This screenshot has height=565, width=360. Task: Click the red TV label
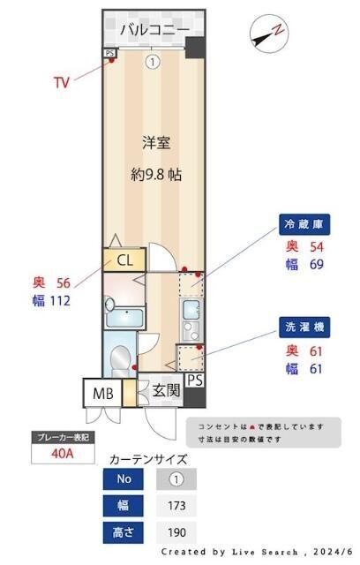(61, 83)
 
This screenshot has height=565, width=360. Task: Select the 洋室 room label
(156, 141)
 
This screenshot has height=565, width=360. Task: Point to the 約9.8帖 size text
(156, 174)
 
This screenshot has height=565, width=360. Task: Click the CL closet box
(124, 260)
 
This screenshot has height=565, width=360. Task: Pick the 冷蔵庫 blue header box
(304, 224)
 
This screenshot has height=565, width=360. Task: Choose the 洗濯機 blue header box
(304, 328)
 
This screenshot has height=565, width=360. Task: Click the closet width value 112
(60, 300)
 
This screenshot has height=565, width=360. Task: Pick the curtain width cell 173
(176, 506)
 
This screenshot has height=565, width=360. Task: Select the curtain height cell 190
(176, 533)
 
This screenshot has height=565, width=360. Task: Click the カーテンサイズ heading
(147, 459)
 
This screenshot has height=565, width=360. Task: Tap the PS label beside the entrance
(195, 380)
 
